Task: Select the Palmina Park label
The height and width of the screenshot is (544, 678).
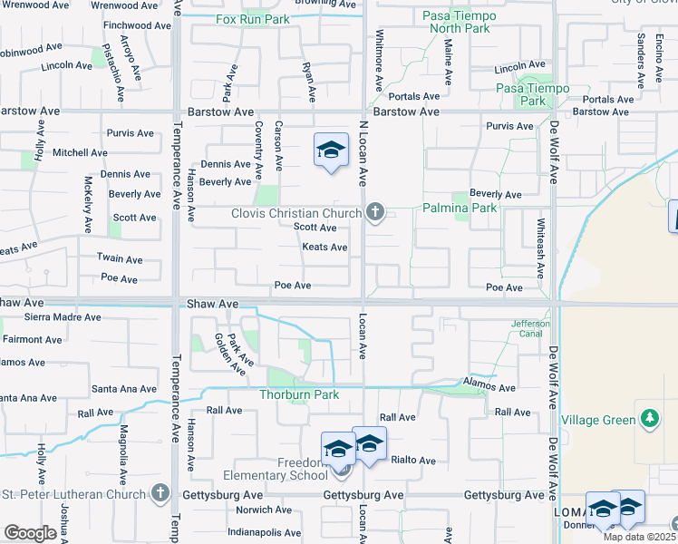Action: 460,208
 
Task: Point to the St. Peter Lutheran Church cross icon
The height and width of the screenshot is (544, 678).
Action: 160,493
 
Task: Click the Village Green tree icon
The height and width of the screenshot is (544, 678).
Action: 648,418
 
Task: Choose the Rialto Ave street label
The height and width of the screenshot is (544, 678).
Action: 413,460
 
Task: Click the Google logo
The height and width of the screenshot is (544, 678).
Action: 30,533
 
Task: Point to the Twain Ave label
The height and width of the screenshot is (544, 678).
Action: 120,258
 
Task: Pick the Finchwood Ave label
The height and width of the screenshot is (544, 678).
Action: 133,25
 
